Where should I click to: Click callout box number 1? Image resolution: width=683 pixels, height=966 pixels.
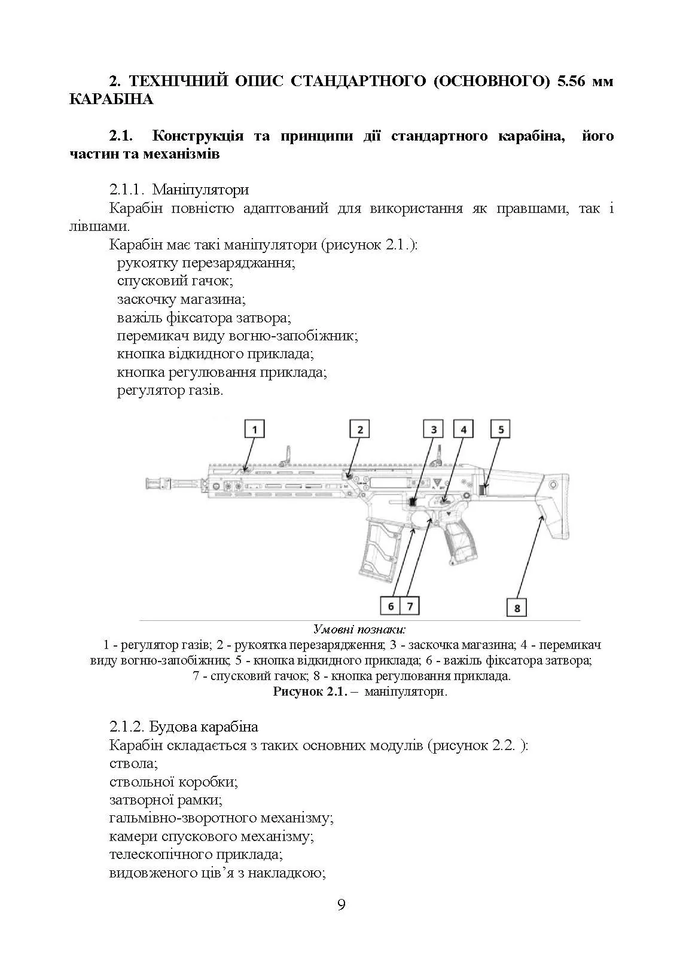coord(255,429)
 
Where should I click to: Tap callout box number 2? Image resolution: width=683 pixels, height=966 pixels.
coord(360,429)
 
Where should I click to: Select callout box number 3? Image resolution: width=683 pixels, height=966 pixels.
coord(434,429)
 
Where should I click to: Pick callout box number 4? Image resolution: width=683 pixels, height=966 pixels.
coord(463,429)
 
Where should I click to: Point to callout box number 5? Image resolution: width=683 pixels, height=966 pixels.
coord(501,429)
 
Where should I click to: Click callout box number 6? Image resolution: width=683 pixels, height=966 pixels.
coord(391,606)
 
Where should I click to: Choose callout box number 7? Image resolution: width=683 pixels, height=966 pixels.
coord(410,606)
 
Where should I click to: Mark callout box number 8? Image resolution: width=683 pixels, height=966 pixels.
coord(517,608)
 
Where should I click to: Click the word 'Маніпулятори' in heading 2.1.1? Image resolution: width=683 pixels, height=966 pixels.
coord(200,190)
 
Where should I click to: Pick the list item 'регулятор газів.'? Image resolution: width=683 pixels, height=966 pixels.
coord(170,391)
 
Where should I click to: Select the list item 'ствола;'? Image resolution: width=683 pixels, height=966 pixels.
coord(133,763)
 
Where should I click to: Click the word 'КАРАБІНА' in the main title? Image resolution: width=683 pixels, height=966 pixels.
coord(111,99)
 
